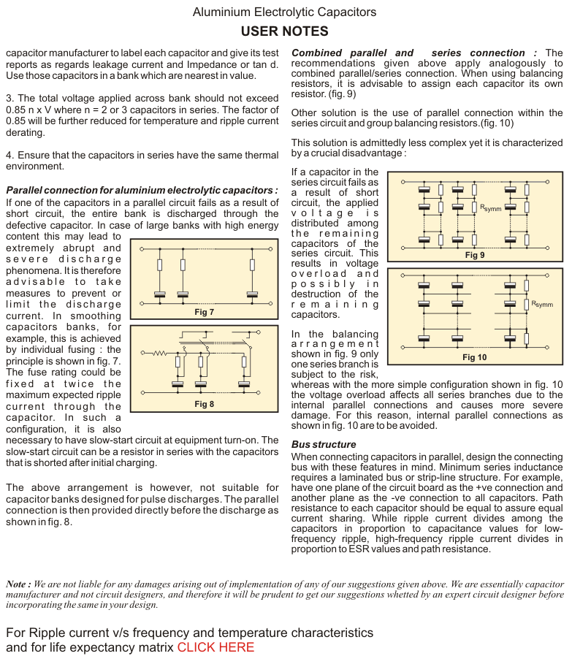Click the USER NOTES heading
click(284, 31)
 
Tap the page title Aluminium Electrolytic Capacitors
click(284, 12)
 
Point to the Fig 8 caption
click(204, 403)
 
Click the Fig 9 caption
click(475, 255)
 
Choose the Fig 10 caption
click(474, 357)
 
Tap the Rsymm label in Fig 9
click(490, 208)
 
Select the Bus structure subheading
click(324, 444)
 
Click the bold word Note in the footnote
click(17, 563)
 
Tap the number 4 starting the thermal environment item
click(9, 156)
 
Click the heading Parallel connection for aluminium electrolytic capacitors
click(142, 191)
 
